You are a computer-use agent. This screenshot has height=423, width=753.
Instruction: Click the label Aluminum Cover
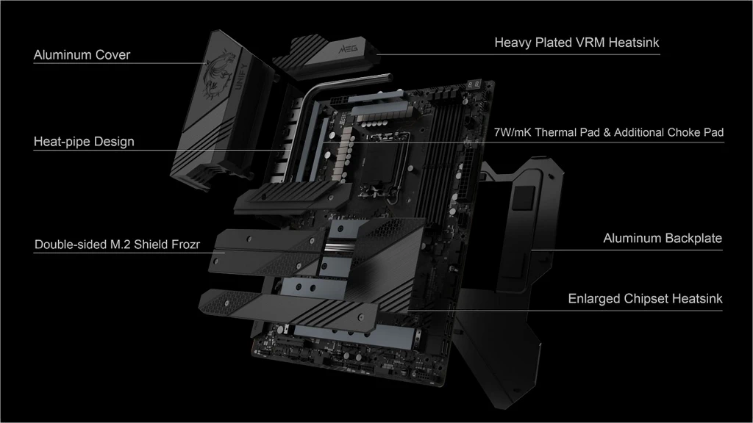point(82,54)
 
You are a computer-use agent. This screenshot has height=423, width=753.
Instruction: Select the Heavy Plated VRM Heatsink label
point(577,43)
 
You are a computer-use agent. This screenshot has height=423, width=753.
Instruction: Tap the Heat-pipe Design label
point(84,142)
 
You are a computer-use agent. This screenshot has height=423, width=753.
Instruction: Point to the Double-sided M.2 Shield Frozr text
point(117,245)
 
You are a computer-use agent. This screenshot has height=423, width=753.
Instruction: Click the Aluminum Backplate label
point(663,239)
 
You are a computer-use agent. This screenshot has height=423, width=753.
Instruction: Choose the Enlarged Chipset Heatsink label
point(645,299)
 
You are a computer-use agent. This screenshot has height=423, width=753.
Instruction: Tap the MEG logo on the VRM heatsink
point(348,48)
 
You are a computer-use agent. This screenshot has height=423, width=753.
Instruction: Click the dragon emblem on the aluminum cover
point(218,72)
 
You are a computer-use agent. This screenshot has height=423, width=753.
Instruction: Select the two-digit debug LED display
point(473,84)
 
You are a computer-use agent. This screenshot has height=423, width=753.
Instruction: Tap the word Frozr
point(185,245)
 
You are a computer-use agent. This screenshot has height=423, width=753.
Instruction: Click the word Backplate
point(693,239)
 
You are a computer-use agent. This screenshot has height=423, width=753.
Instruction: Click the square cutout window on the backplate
point(523,197)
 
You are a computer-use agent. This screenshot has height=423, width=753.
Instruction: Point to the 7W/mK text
point(513,132)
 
